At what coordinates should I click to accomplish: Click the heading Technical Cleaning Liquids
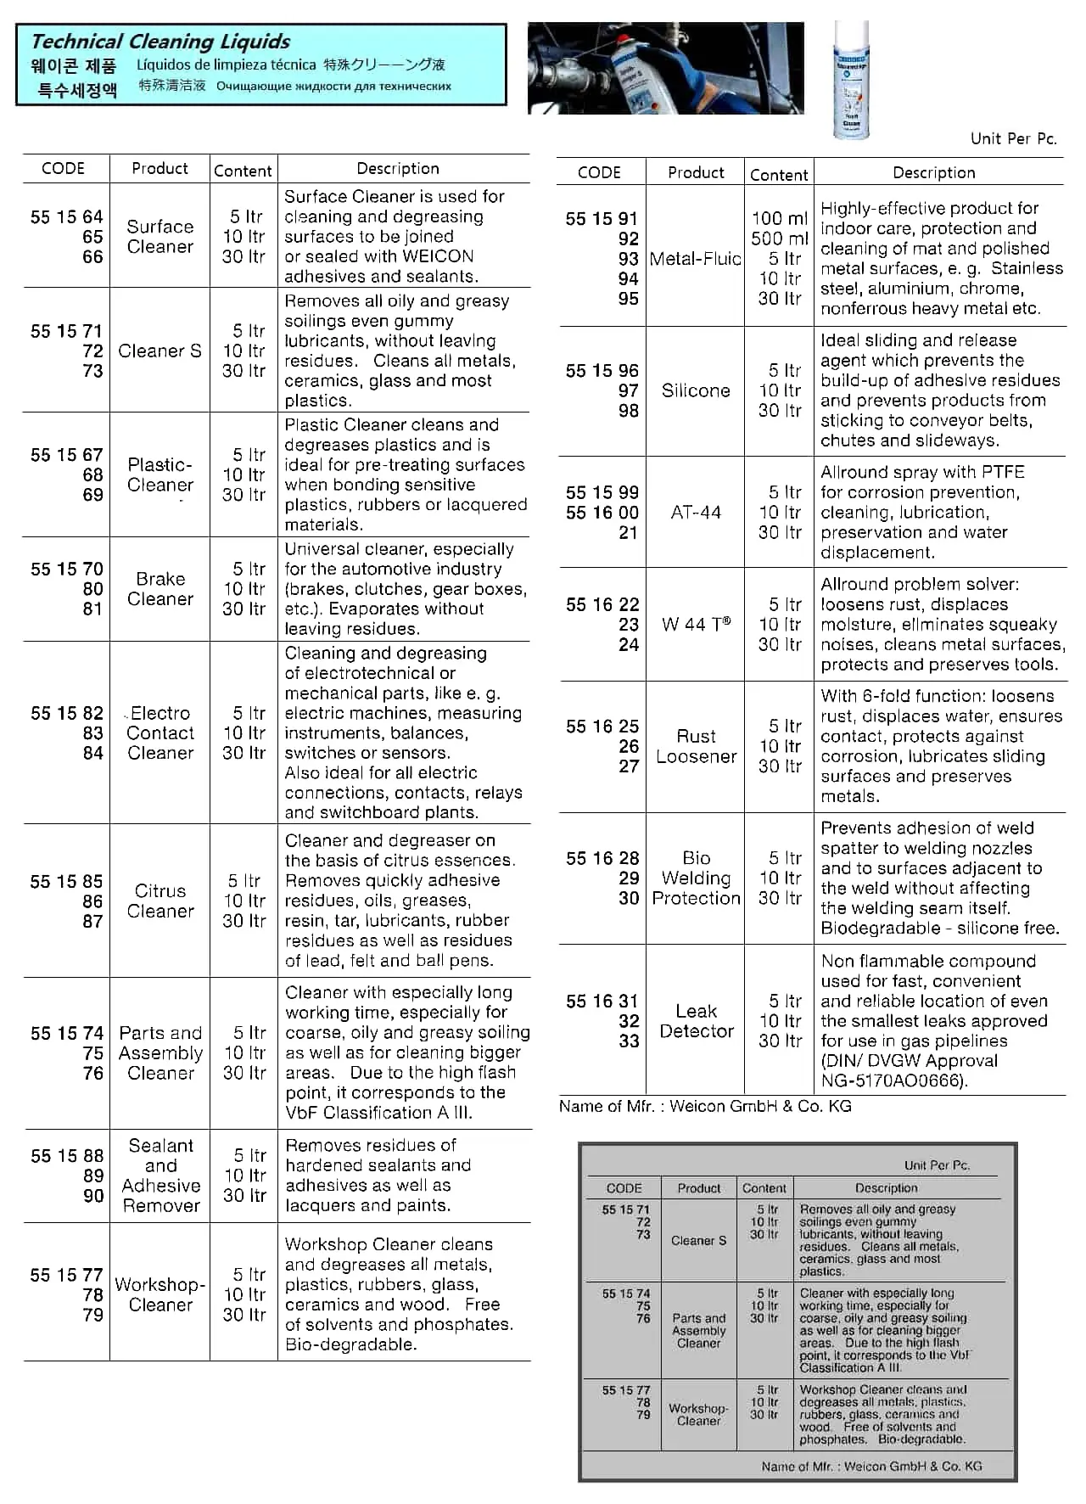[160, 42]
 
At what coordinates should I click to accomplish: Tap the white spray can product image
[851, 80]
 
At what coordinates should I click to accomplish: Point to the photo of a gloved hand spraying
[665, 68]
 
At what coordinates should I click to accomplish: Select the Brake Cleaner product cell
[160, 589]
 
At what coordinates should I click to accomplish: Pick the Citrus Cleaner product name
[160, 901]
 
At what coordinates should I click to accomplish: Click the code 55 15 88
[67, 1156]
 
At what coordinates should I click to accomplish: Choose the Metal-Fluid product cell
[695, 259]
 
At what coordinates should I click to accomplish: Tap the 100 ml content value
[779, 218]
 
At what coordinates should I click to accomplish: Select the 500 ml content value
[779, 239]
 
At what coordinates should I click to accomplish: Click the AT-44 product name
[696, 513]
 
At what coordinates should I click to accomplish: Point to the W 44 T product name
[696, 625]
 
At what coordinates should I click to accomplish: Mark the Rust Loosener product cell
[696, 746]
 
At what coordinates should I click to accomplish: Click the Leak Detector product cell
[696, 1021]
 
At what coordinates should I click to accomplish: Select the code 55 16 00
[602, 513]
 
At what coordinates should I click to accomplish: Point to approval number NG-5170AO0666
[893, 1080]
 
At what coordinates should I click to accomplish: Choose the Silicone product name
[696, 390]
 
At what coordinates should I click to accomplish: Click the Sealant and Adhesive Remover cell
[160, 1176]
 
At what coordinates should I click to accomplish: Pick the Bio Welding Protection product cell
[696, 878]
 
